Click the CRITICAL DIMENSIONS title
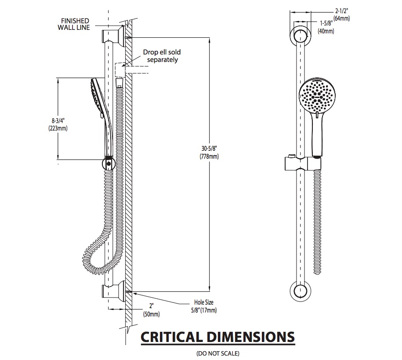point(217,337)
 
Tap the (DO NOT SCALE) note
point(217,353)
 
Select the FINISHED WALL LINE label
point(74,24)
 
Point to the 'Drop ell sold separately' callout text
point(162,56)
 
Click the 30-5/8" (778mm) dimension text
point(209,153)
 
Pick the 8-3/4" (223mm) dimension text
point(58,124)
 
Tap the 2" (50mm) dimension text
point(151,310)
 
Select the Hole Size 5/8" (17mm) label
point(204,306)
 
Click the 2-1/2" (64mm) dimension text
point(342,15)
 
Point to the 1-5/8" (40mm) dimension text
point(326,27)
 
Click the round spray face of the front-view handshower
point(317,95)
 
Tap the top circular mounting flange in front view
point(301,36)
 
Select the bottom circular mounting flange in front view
point(301,291)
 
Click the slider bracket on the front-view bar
point(303,163)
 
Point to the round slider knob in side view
point(109,163)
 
